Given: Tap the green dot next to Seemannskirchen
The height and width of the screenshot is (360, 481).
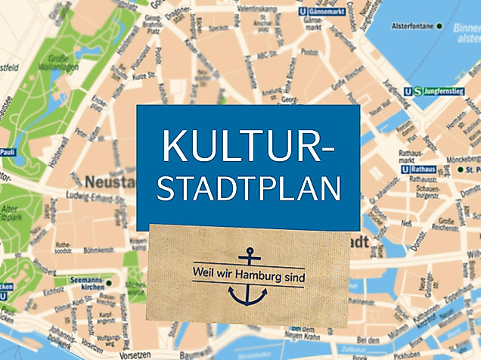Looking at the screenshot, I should point(109,282).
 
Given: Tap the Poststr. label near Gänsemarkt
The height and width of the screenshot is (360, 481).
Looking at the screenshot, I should point(309,52).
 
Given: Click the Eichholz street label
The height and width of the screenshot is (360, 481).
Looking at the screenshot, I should point(53,292).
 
